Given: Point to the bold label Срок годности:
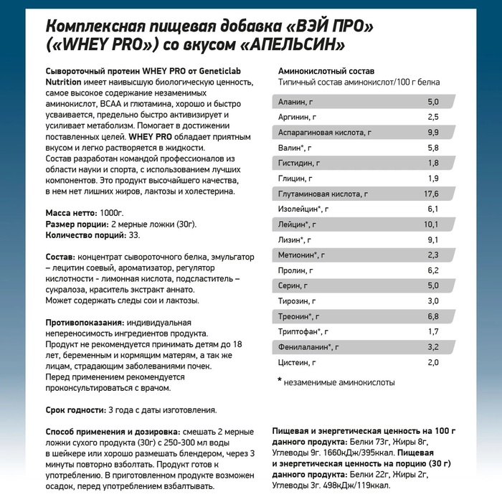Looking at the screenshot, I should point(75,410).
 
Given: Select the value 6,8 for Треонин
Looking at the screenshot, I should point(432,316).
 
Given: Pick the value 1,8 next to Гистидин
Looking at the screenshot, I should point(432,163).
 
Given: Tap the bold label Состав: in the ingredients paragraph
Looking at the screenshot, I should point(60,257).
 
